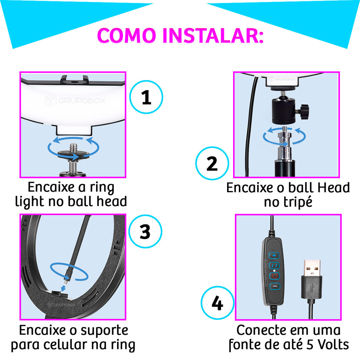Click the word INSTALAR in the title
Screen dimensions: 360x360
coord(213,36)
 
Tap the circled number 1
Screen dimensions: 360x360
coord(146,97)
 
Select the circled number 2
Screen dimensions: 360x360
coord(212,163)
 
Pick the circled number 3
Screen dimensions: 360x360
coord(145,231)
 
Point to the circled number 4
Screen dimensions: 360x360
coord(217,303)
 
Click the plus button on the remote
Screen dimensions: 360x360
coord(274,255)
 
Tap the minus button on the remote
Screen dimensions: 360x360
coord(275,286)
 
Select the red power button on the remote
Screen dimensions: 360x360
coord(275,276)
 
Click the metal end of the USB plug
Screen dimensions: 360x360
coord(312,268)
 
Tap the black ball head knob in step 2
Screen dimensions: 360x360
coord(304,112)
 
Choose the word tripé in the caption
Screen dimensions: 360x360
coord(288,202)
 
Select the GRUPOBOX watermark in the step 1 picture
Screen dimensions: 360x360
coord(75,100)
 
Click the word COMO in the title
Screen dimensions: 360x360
coord(127,36)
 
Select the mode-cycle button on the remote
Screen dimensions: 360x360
coord(274,265)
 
